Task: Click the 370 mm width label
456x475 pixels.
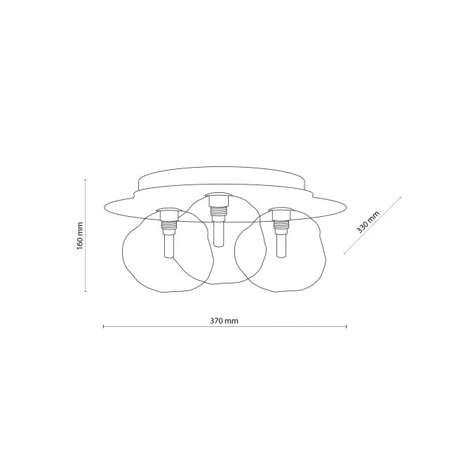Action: [x=224, y=321]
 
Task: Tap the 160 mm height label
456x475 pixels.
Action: [x=80, y=236]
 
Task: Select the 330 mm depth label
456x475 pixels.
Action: [x=368, y=222]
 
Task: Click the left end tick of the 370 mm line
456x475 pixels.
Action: [x=104, y=326]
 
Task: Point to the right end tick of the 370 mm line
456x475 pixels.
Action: [x=347, y=326]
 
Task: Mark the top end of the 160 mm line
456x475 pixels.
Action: [x=86, y=180]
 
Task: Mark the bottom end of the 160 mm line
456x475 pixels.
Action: [x=86, y=291]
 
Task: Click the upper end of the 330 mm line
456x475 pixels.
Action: [x=401, y=197]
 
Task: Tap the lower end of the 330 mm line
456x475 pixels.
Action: [x=344, y=253]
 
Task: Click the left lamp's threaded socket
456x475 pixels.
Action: [x=169, y=225]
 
